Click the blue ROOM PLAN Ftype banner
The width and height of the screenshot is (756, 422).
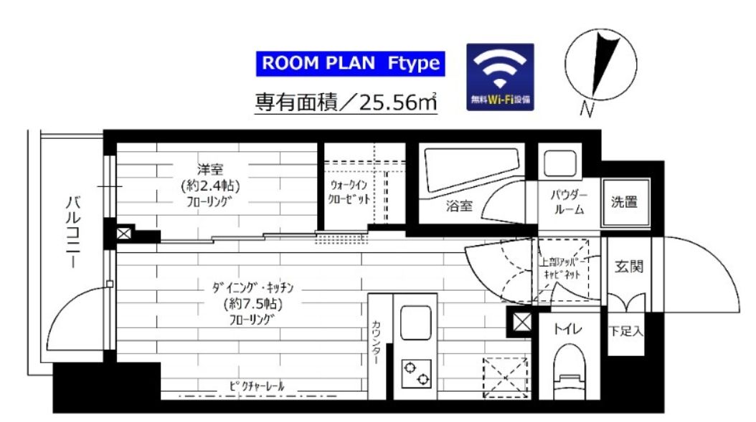[x=350, y=64]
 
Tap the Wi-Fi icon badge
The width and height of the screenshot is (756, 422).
[x=500, y=76]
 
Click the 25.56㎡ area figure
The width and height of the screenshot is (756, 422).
[x=400, y=103]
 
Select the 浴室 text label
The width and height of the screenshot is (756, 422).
[x=459, y=206]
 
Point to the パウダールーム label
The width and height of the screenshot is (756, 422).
[x=569, y=202]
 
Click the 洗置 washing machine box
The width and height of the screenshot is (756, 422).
[x=625, y=202]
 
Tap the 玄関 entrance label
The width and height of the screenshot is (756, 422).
[x=628, y=267]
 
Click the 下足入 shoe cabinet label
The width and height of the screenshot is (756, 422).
[x=625, y=332]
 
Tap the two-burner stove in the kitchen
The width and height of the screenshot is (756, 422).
[x=417, y=374]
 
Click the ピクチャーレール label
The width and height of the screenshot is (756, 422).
[x=257, y=387]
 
